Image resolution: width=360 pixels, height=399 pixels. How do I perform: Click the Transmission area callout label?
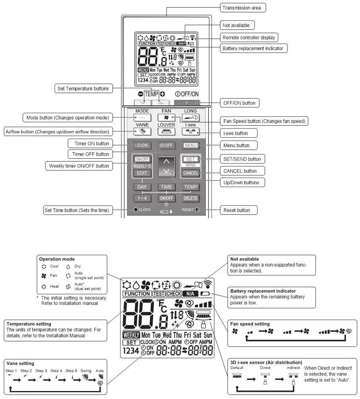coord(242,8)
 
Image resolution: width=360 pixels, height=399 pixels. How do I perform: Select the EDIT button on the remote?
coord(142,173)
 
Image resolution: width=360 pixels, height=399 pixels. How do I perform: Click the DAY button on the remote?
coord(142,187)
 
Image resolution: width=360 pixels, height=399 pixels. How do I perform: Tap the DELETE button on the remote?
coord(190,198)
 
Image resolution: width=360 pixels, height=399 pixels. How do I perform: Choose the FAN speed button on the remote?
coord(166,118)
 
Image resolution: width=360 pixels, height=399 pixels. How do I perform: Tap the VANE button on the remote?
coord(142,131)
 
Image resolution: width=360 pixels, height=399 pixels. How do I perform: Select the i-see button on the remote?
coord(190,131)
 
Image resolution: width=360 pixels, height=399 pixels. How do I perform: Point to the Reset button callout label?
coord(238,210)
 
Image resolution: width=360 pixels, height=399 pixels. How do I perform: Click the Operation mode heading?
coord(57,259)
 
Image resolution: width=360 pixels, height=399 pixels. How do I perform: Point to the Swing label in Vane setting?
coord(86,370)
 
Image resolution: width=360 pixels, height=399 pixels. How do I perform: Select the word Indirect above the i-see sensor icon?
coord(293,368)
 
